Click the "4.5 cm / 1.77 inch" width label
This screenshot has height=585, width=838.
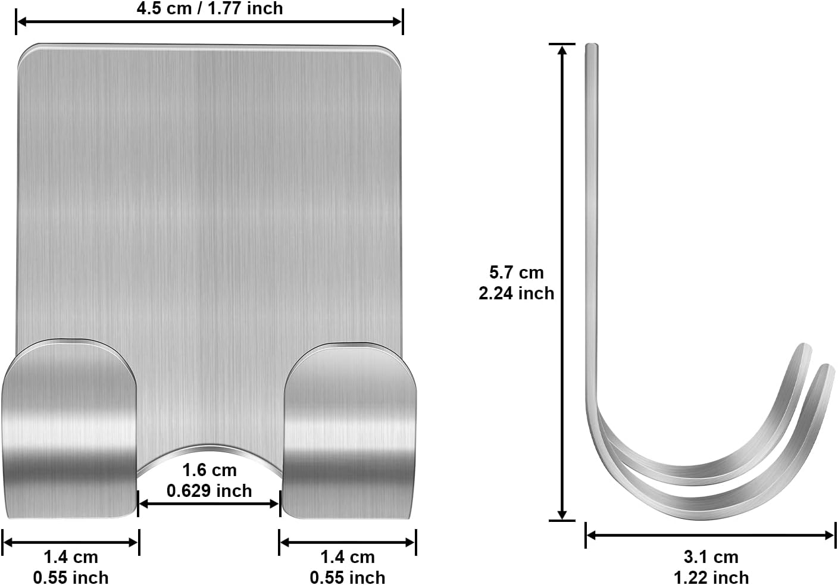click(x=209, y=8)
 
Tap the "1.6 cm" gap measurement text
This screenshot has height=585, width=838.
click(x=209, y=471)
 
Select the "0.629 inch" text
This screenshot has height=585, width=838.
click(x=209, y=491)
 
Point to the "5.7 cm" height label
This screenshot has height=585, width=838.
click(x=516, y=273)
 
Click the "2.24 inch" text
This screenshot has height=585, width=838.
click(x=516, y=293)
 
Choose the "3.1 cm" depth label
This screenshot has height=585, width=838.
click(x=711, y=557)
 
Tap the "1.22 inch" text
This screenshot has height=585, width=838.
click(x=711, y=577)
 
